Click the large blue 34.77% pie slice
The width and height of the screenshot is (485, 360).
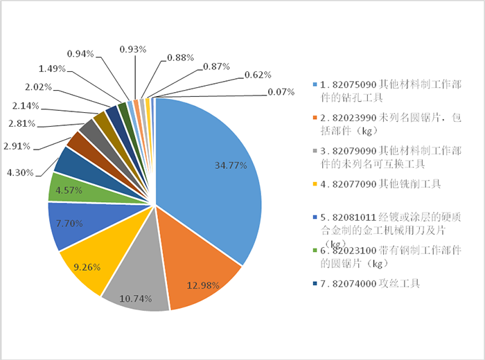click(x=215, y=166)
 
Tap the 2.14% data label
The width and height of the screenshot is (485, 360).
click(x=26, y=106)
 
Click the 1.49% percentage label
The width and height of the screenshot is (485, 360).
click(x=53, y=68)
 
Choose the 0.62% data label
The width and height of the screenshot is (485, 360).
click(x=258, y=74)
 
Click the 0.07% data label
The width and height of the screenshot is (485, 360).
click(x=281, y=91)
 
